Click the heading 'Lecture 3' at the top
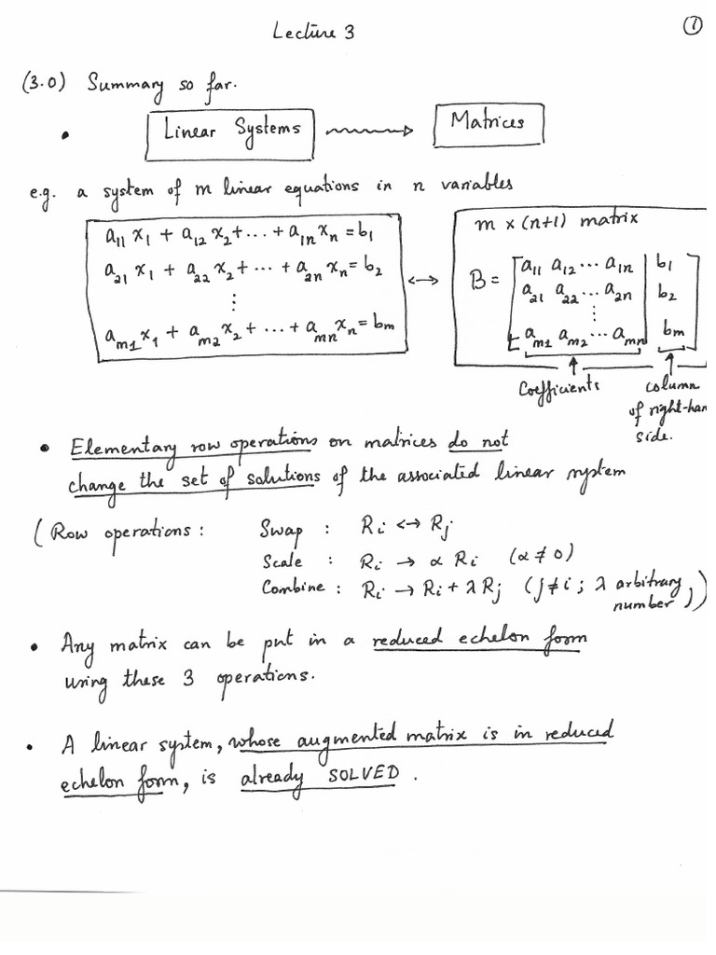313,34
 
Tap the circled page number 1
692,29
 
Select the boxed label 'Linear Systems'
232,130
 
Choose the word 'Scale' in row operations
282,561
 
